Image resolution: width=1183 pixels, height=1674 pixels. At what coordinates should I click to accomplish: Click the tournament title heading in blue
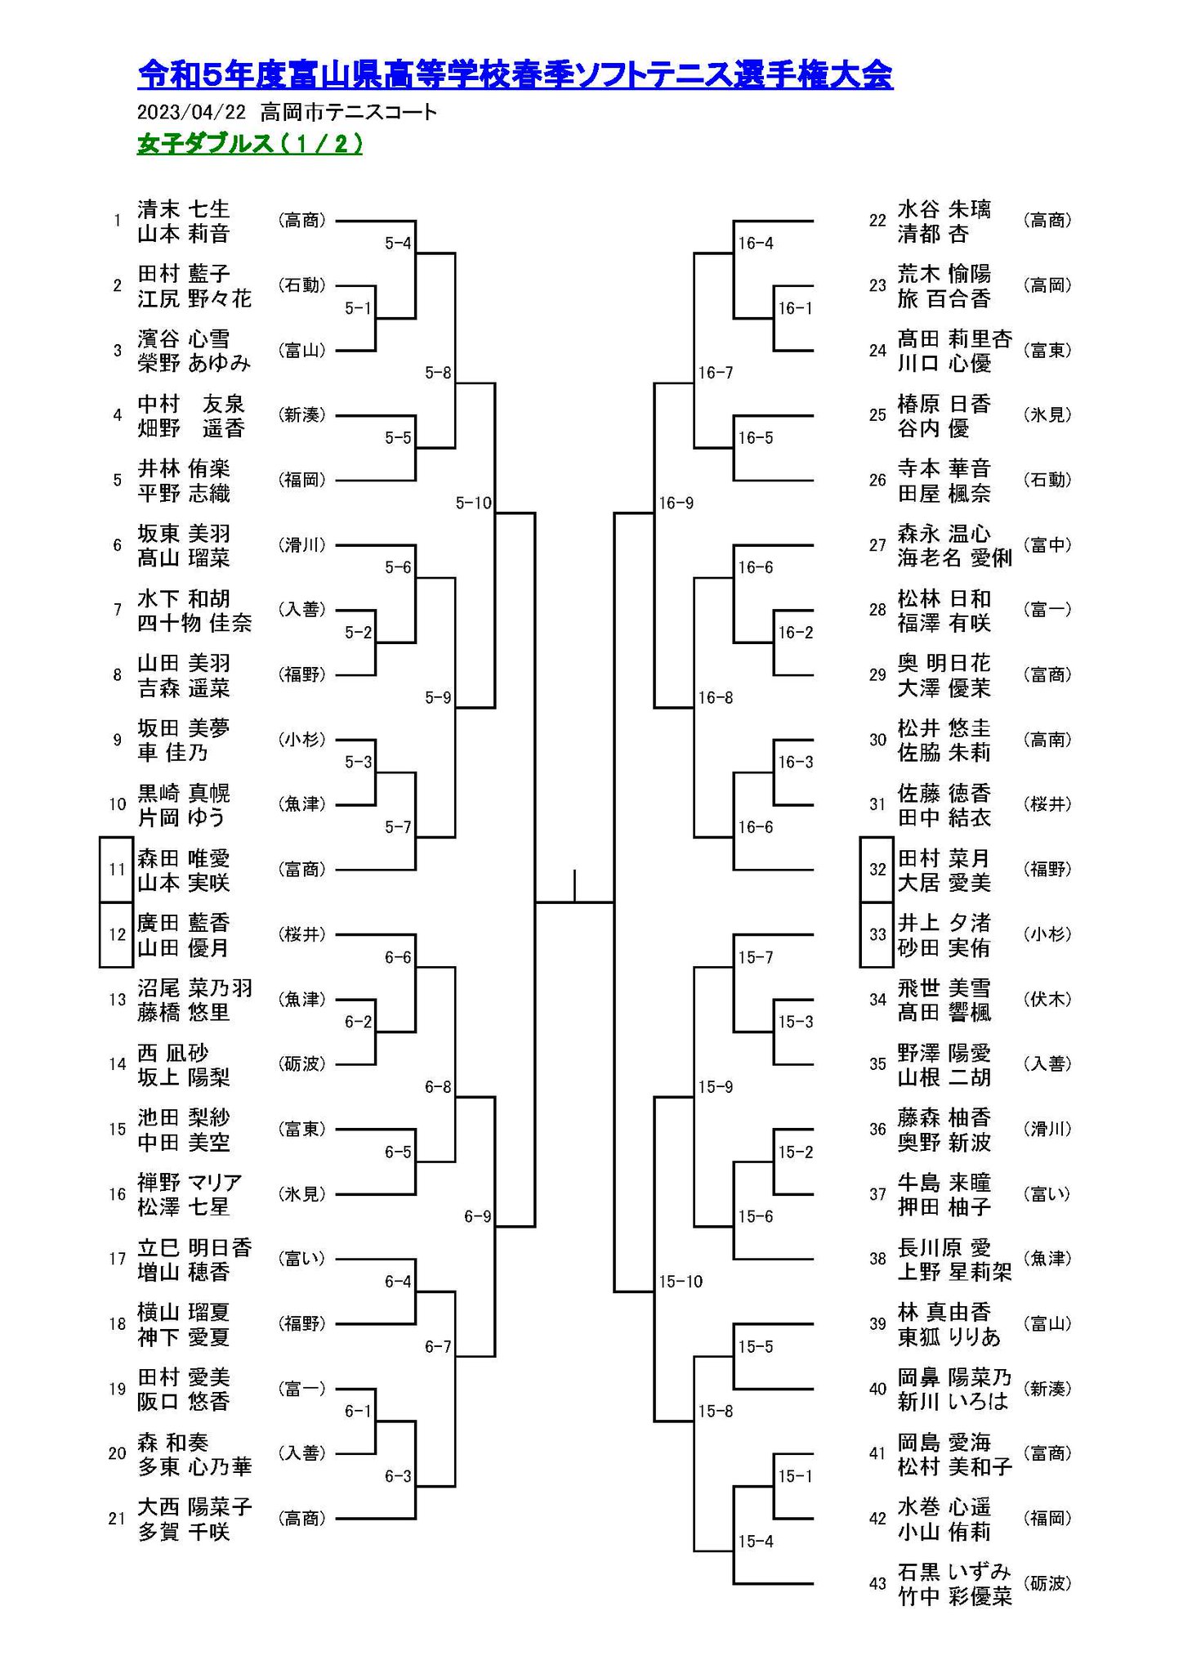click(515, 74)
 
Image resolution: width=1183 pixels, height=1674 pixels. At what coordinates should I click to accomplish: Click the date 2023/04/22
click(191, 112)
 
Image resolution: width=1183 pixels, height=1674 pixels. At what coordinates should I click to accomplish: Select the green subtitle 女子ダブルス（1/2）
click(250, 144)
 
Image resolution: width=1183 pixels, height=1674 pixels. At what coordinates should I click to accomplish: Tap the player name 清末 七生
click(184, 208)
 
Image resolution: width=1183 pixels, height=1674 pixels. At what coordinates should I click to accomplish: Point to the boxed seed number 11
click(116, 869)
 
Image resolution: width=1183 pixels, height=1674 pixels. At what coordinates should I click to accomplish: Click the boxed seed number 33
click(877, 934)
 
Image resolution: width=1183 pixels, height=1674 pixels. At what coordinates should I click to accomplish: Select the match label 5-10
click(474, 503)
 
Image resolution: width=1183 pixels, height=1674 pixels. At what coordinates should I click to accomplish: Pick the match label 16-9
click(676, 503)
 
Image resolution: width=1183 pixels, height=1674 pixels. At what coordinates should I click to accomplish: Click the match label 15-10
click(681, 1281)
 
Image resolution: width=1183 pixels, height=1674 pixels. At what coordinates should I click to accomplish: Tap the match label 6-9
click(478, 1216)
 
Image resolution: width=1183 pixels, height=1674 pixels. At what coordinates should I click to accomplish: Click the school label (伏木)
click(1047, 999)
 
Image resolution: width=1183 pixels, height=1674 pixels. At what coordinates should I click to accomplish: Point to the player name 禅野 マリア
click(190, 1182)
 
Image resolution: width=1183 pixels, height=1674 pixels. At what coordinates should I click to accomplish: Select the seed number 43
click(877, 1583)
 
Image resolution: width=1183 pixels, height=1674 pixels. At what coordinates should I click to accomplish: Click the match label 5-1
click(358, 308)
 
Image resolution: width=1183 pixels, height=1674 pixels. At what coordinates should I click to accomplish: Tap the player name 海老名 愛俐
click(954, 557)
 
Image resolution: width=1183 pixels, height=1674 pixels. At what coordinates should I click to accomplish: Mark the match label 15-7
click(756, 957)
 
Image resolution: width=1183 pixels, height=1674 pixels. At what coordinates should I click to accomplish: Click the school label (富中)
click(1047, 545)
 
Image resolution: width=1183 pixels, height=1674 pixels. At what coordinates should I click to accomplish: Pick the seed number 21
click(117, 1518)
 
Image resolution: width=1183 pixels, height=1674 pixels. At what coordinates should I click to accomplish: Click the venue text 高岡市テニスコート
click(349, 112)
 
